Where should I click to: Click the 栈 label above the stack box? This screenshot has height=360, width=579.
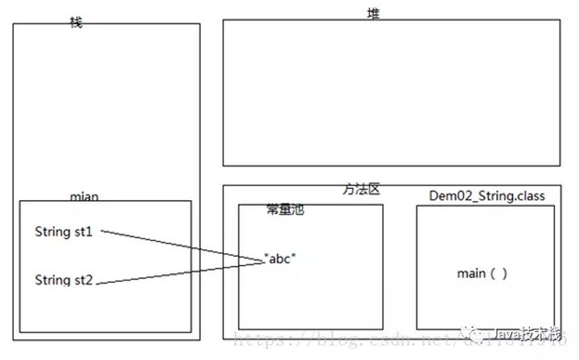click(x=76, y=22)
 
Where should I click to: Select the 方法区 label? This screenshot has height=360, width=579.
click(x=360, y=190)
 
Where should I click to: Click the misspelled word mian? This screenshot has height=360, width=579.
click(x=84, y=197)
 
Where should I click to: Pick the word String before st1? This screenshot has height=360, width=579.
click(x=52, y=232)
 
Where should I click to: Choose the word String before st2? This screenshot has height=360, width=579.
click(x=52, y=280)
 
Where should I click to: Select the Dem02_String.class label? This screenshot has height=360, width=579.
click(x=487, y=196)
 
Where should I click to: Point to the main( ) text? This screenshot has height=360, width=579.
click(x=482, y=273)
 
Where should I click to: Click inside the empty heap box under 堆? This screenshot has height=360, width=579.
click(x=391, y=92)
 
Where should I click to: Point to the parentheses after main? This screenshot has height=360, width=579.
click(x=499, y=273)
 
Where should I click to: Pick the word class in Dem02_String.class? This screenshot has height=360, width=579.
click(x=529, y=196)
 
